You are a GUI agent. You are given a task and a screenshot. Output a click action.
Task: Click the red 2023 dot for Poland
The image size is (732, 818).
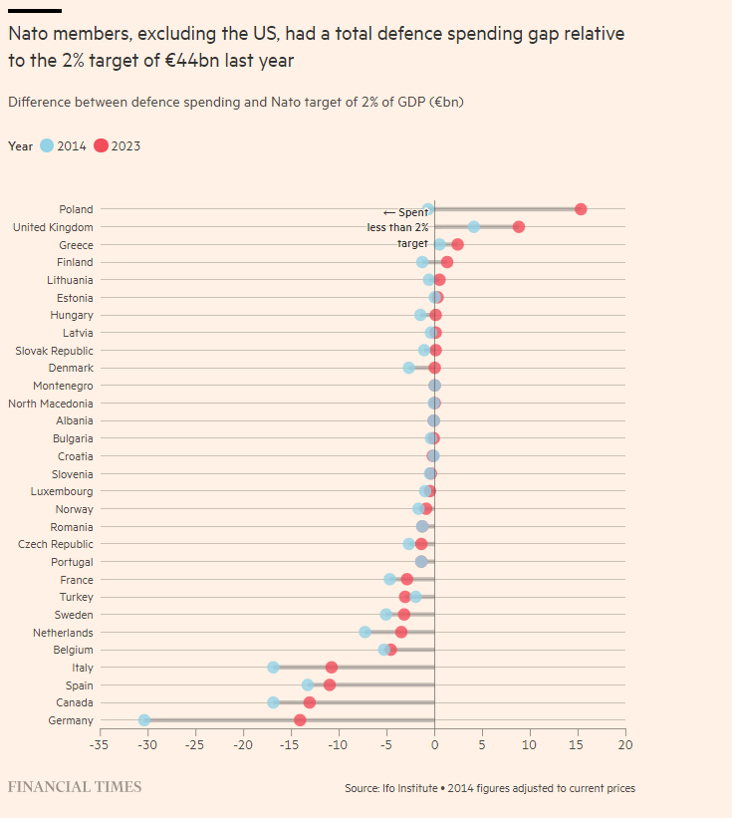(x=581, y=209)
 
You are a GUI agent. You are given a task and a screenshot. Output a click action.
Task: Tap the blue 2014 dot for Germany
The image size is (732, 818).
(x=144, y=719)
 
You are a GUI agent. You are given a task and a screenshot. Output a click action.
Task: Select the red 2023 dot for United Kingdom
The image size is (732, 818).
(x=519, y=227)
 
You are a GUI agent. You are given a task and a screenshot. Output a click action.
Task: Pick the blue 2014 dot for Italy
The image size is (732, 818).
(x=273, y=667)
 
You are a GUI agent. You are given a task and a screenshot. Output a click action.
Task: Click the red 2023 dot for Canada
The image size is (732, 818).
(x=310, y=702)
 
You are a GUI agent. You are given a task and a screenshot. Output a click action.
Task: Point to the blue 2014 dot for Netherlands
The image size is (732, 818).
(x=365, y=632)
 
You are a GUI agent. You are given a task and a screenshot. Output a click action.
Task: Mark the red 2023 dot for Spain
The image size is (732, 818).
(x=330, y=684)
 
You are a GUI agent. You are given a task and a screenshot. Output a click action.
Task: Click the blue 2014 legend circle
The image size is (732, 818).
(x=47, y=145)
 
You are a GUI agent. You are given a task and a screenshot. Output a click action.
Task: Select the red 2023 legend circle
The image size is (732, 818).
(x=101, y=145)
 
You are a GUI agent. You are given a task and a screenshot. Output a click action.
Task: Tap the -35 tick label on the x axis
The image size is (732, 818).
(x=99, y=743)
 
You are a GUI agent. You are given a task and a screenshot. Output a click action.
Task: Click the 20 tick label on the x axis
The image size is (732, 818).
(x=624, y=743)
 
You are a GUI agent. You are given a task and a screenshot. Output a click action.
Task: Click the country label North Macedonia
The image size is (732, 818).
(x=51, y=404)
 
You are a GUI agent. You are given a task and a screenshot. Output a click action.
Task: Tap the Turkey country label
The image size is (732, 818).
(x=77, y=597)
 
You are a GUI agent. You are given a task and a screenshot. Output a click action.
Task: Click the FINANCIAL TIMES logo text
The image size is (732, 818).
(x=75, y=787)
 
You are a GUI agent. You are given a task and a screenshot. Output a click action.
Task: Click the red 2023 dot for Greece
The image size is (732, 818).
(x=457, y=244)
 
